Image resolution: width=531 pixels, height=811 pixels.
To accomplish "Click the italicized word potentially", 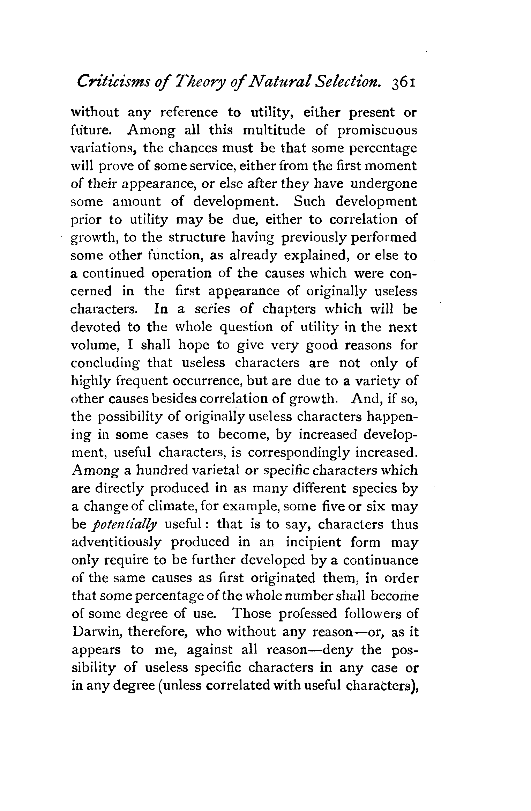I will point(126,525).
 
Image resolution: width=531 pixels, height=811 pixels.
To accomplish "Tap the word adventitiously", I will point(116,543).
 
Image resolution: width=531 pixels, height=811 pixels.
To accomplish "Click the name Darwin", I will point(96,632).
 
